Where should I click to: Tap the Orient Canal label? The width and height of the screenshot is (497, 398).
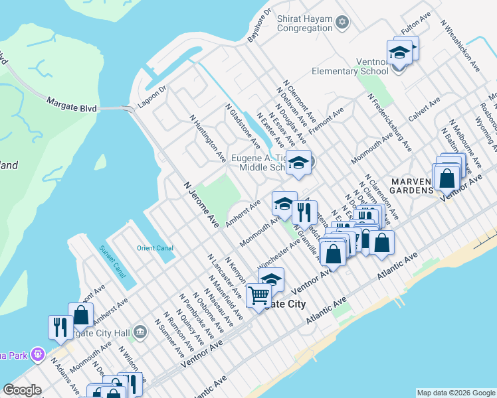point(155,248)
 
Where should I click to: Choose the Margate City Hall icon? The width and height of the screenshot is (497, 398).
point(140,331)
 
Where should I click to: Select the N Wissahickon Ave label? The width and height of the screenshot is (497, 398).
point(460,46)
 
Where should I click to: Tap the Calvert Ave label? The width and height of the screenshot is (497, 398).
point(425,110)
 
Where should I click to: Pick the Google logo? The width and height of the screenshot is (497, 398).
point(23,390)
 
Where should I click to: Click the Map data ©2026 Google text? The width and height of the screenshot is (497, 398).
point(455,393)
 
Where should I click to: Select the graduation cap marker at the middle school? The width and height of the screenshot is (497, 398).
point(299,162)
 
